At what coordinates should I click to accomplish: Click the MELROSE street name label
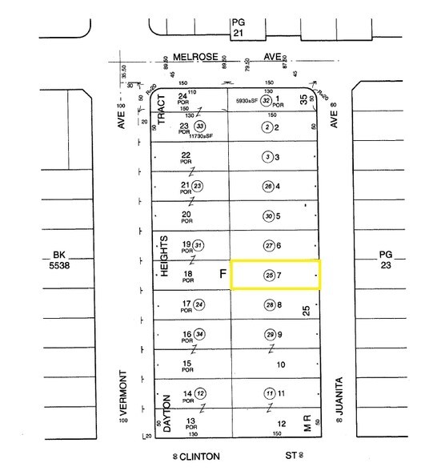tap(191, 58)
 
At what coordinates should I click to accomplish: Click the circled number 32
tap(267, 101)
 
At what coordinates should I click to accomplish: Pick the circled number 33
tap(200, 126)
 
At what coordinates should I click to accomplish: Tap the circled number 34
tap(199, 334)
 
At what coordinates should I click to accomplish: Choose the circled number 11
tap(269, 393)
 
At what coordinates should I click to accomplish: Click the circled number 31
tap(199, 245)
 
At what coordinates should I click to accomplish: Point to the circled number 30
tap(268, 216)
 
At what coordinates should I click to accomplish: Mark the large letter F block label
tap(223, 274)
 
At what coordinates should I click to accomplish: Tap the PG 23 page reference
tap(387, 260)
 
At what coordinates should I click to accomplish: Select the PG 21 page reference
tap(237, 27)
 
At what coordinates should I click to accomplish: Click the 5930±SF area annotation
tap(241, 101)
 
